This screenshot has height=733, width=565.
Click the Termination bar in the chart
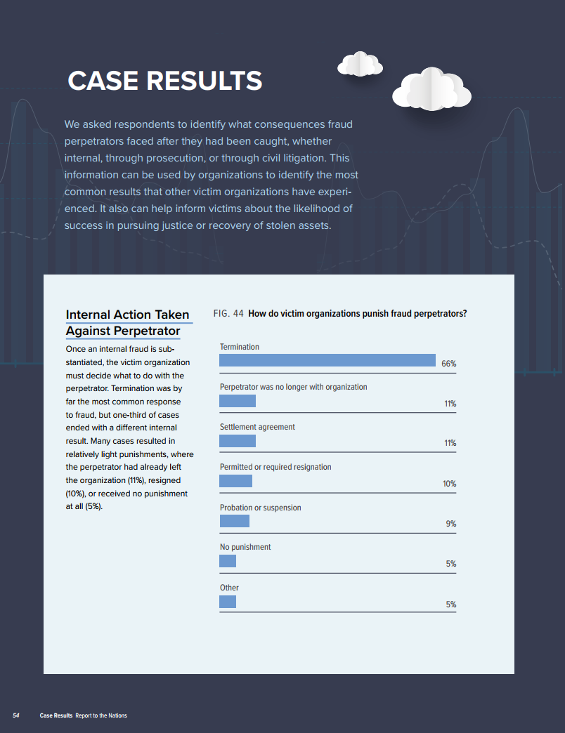point(327,360)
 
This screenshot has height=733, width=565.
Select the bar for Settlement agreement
point(238,441)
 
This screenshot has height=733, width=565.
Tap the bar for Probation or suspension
point(235,521)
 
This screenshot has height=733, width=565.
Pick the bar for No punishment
point(228,561)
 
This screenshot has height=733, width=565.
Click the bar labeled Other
point(228,602)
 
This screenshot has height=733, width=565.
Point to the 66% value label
point(448,364)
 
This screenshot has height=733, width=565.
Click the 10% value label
point(449,484)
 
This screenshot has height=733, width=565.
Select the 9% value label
point(450,524)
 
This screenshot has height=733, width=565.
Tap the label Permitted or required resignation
point(275,467)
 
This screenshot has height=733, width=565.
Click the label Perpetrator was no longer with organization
point(293,387)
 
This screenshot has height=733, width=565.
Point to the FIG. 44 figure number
point(228,314)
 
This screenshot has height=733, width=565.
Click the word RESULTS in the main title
point(204,81)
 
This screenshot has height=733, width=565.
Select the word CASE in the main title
point(103,81)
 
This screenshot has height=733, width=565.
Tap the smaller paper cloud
point(360,65)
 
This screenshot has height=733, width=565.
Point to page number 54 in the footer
point(16,715)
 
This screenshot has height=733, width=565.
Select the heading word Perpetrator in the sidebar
point(143,331)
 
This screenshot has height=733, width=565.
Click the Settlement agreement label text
point(257,427)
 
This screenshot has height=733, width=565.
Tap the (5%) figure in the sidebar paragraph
point(93,507)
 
